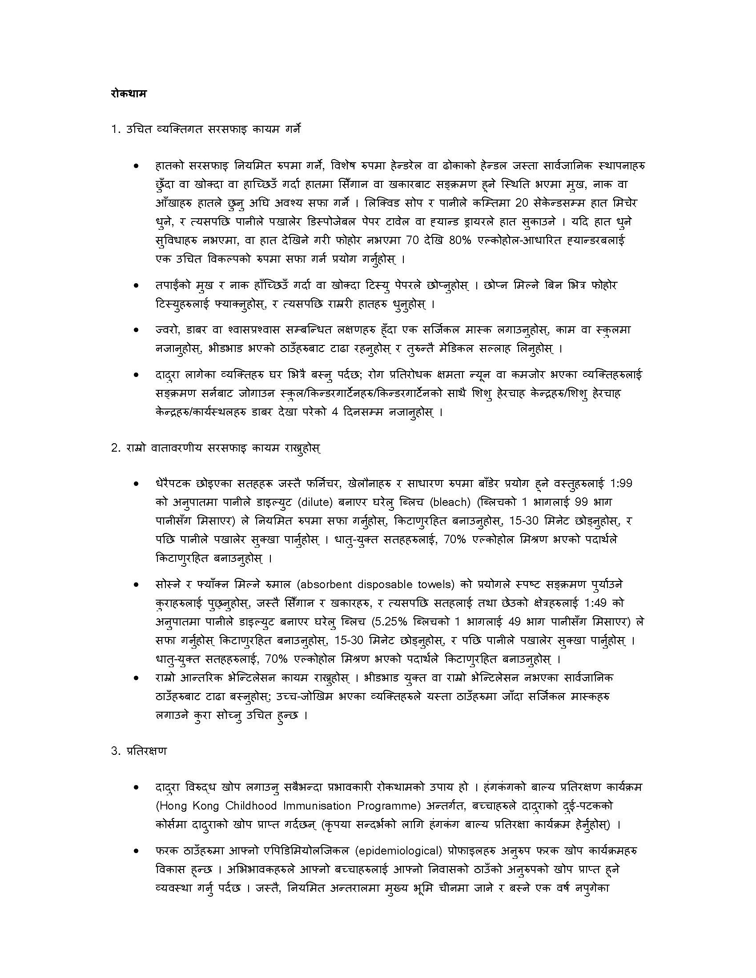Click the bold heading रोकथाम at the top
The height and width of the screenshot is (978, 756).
128,94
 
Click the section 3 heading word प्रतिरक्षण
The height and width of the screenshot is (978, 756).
146,751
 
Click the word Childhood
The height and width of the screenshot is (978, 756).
251,806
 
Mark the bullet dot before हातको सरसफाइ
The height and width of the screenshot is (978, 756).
136,166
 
